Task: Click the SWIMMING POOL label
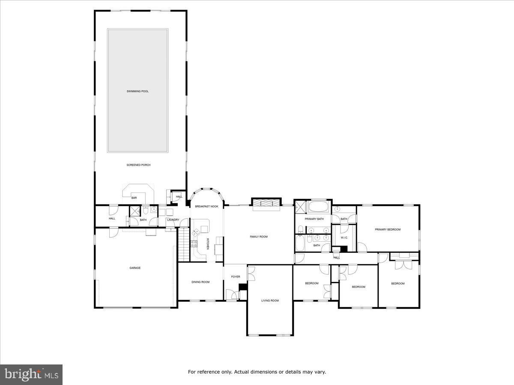click(137, 91)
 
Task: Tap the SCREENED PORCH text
click(138, 165)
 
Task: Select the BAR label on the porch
click(134, 198)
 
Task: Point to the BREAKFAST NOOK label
click(206, 207)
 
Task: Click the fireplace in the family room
click(266, 204)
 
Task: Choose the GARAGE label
click(135, 268)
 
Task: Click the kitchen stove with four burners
click(194, 244)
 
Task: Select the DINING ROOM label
click(200, 282)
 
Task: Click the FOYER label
click(236, 277)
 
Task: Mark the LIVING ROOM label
click(270, 301)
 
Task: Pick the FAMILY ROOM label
click(259, 237)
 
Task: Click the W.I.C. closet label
click(344, 237)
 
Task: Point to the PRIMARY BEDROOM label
click(388, 230)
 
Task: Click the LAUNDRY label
click(173, 220)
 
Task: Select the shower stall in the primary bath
click(301, 207)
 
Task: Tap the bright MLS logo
click(31, 375)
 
